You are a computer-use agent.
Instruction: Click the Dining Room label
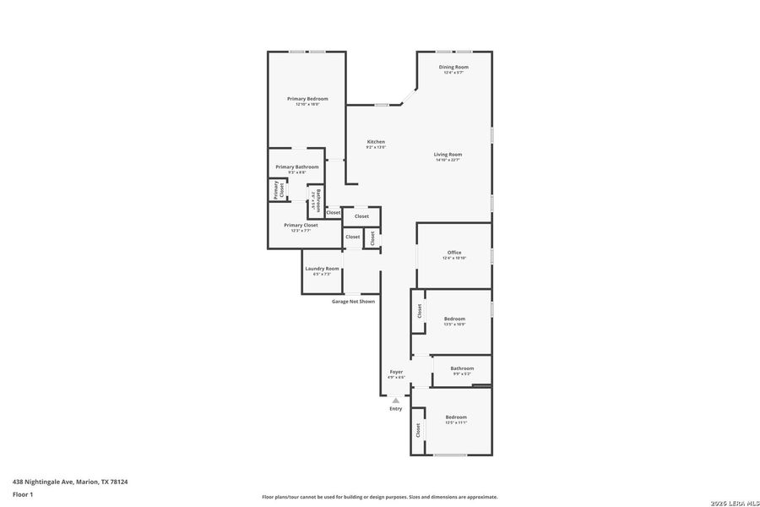coord(453,67)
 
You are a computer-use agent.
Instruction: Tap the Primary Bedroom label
coord(307,99)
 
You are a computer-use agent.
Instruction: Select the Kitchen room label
coord(376,141)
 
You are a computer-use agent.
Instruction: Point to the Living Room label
coord(448,155)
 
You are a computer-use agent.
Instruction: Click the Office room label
coord(454,253)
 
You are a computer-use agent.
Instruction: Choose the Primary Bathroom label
coord(296,166)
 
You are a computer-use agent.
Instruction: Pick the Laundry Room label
coord(322,269)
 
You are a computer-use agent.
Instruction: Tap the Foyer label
coord(396,372)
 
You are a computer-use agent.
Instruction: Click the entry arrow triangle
coord(395,400)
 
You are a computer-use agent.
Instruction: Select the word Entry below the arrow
coord(396,409)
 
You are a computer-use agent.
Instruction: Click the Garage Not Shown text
coord(353,301)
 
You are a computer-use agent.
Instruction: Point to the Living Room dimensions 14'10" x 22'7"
coord(448,160)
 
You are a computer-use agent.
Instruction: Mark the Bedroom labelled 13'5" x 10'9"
coord(454,319)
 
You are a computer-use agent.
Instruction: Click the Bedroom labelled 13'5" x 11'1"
coord(456,417)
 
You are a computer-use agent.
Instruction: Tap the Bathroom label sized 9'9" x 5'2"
coord(462,368)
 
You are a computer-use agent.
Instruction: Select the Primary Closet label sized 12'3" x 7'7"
coord(301,226)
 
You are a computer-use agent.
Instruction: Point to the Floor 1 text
coord(23,493)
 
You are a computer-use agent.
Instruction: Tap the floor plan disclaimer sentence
coord(379,497)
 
